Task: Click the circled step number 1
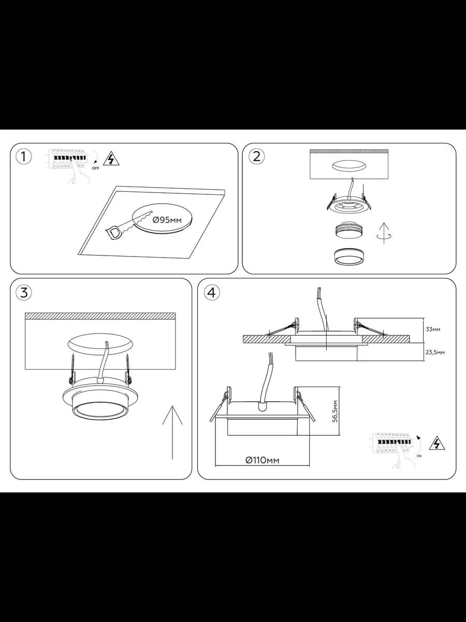[x=23, y=157]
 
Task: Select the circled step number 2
[x=256, y=157]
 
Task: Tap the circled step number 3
[x=23, y=292]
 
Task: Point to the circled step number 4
[x=212, y=292]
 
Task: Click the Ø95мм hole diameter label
[x=167, y=220]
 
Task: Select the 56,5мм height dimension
[x=335, y=411]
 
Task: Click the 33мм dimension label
[x=433, y=329]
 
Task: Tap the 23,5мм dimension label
[x=435, y=352]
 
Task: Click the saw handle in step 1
[x=114, y=232]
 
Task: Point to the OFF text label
[x=96, y=168]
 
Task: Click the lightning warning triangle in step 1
[x=111, y=159]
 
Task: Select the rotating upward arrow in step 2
[x=384, y=233]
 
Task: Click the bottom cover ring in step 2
[x=349, y=257]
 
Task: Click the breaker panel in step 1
[x=65, y=158]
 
